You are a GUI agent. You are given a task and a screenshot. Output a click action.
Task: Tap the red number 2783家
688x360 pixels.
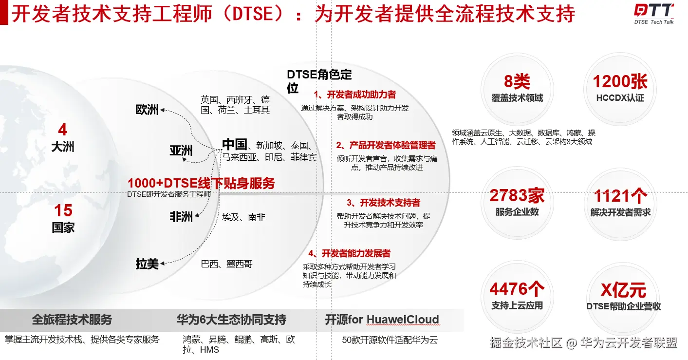point(517,196)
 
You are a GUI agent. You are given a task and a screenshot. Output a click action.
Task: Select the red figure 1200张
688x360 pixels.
point(620,81)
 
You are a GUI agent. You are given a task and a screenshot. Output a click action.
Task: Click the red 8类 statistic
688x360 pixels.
point(517,81)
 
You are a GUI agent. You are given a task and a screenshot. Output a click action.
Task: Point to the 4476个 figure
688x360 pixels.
point(517,289)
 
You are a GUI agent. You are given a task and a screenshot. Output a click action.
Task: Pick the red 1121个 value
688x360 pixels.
point(620,196)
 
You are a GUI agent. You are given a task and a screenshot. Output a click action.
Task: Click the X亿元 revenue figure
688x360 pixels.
point(623,290)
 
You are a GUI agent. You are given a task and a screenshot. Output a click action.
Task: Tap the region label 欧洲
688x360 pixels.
point(147,110)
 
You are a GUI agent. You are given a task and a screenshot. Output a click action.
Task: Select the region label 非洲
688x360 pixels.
point(181,217)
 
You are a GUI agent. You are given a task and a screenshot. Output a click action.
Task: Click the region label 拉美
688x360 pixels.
point(147,264)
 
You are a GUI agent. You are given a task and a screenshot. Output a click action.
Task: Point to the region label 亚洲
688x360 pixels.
point(181,151)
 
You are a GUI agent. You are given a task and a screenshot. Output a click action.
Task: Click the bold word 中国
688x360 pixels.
point(234,144)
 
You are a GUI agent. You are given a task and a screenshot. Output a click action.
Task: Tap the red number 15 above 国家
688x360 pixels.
point(63,210)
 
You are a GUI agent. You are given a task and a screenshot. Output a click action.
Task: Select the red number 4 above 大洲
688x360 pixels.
point(63,130)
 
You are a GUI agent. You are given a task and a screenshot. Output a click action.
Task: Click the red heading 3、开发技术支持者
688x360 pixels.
point(383,203)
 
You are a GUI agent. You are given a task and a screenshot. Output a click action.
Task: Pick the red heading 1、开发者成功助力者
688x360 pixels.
point(354,94)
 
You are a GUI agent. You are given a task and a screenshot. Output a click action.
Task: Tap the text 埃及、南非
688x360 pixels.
point(244,217)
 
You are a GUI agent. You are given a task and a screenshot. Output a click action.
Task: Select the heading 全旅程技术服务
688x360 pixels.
point(72,320)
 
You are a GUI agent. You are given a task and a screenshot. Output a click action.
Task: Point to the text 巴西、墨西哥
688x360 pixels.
point(227,264)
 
